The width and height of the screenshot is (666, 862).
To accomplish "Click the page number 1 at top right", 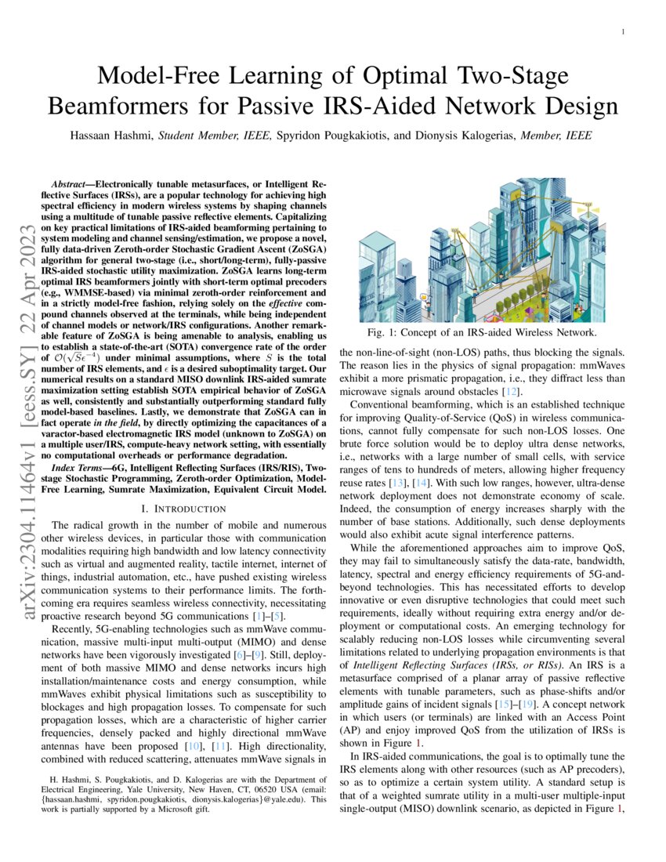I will pyautogui.click(x=621, y=32).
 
